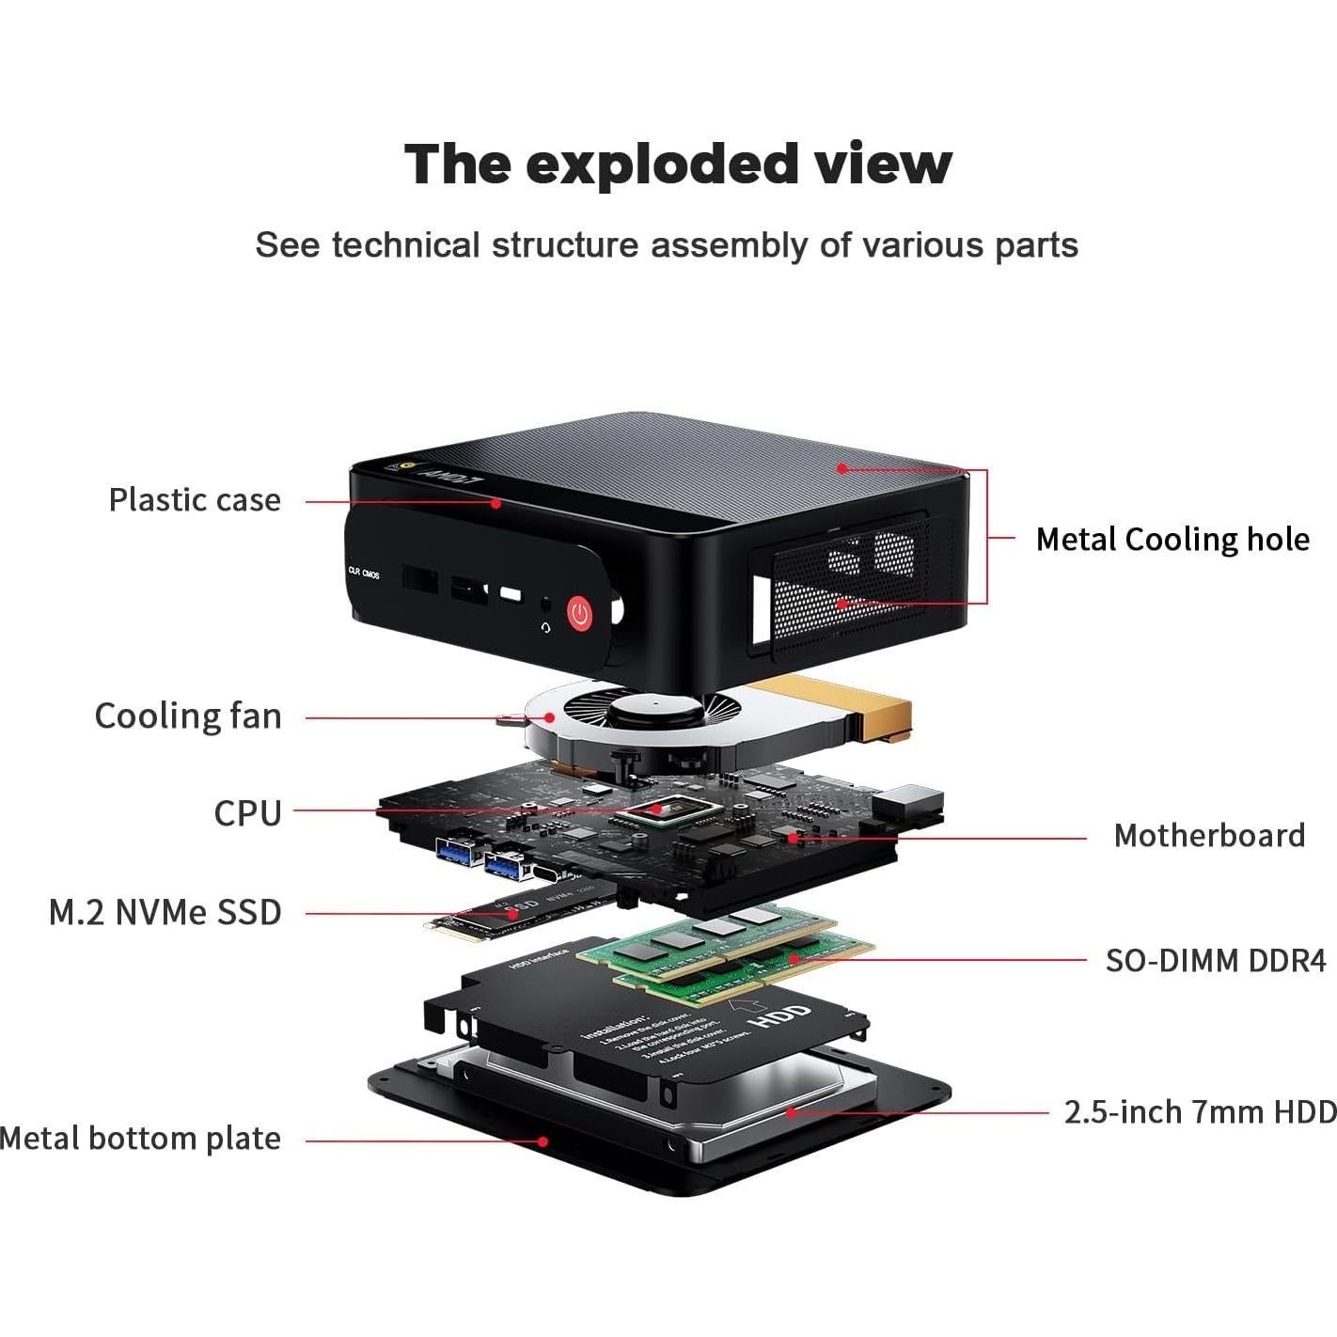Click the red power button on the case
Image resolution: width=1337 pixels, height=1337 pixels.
[580, 614]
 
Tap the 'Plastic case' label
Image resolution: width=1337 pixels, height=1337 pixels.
[195, 499]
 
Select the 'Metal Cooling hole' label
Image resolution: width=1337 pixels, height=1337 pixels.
[1172, 539]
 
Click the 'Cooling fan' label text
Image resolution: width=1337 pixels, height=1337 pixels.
[188, 716]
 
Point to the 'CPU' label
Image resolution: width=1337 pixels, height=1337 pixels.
[247, 812]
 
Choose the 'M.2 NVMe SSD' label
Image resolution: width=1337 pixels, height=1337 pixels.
[165, 912]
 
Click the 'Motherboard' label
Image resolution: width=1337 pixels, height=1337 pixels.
[1209, 835]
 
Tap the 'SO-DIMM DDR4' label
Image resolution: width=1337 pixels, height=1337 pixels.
[1215, 960]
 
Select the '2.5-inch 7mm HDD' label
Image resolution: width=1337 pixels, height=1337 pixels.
[1200, 1111]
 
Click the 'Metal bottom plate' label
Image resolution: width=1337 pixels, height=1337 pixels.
[141, 1139]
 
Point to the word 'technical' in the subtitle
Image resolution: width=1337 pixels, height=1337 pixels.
[405, 245]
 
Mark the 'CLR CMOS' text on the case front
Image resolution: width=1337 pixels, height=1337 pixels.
[364, 573]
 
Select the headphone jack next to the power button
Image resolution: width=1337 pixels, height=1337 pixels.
[544, 607]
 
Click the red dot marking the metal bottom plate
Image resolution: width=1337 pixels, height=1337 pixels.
[543, 1141]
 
